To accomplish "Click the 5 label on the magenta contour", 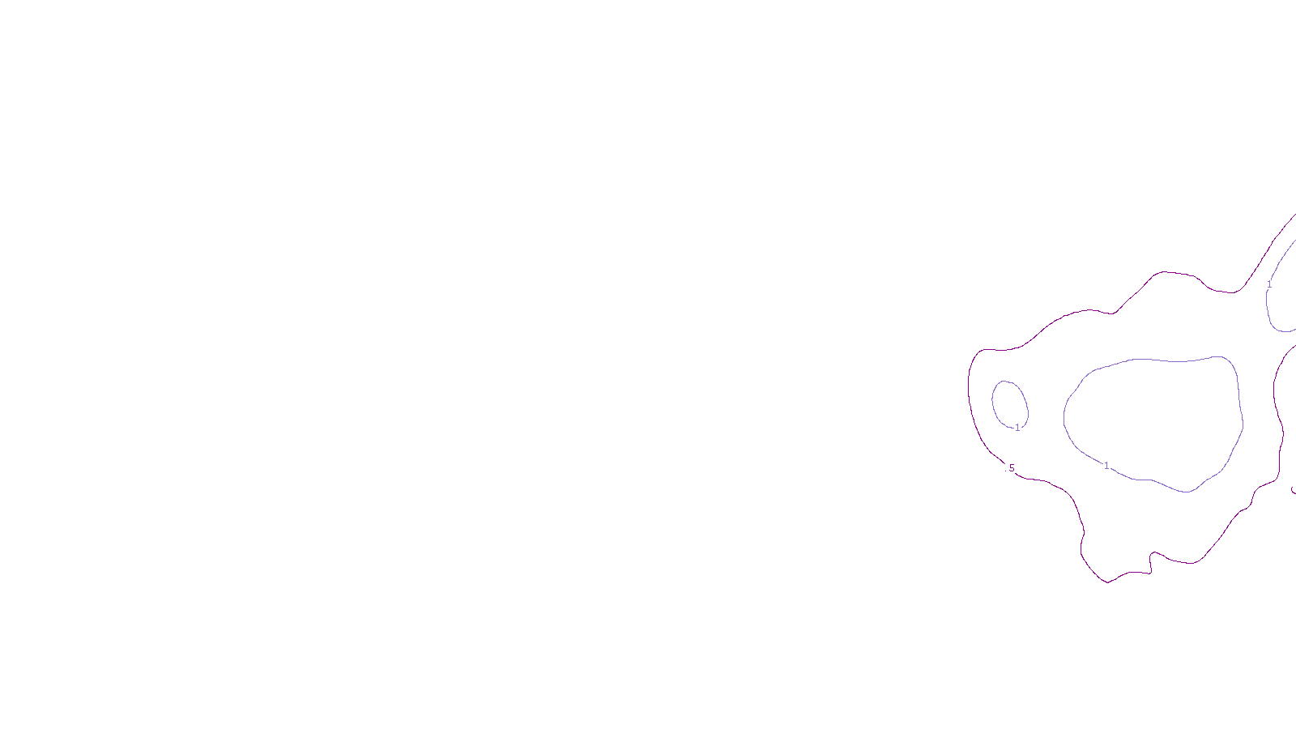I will click(1012, 468).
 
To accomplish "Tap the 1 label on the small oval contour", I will click(1018, 428).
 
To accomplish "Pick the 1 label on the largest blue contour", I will click(1106, 466).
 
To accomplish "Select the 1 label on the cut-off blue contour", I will click(1269, 284).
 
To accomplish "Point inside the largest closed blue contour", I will click(1154, 421).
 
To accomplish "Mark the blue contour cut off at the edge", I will click(1268, 308).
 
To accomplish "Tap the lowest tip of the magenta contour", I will click(1107, 582).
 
